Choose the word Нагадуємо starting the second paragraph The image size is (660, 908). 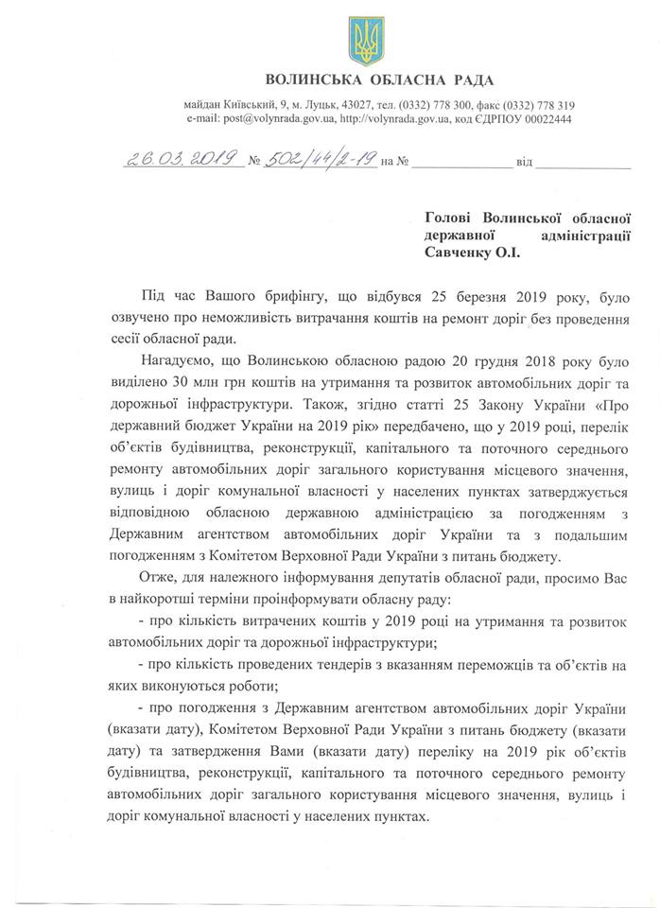click(x=178, y=361)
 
